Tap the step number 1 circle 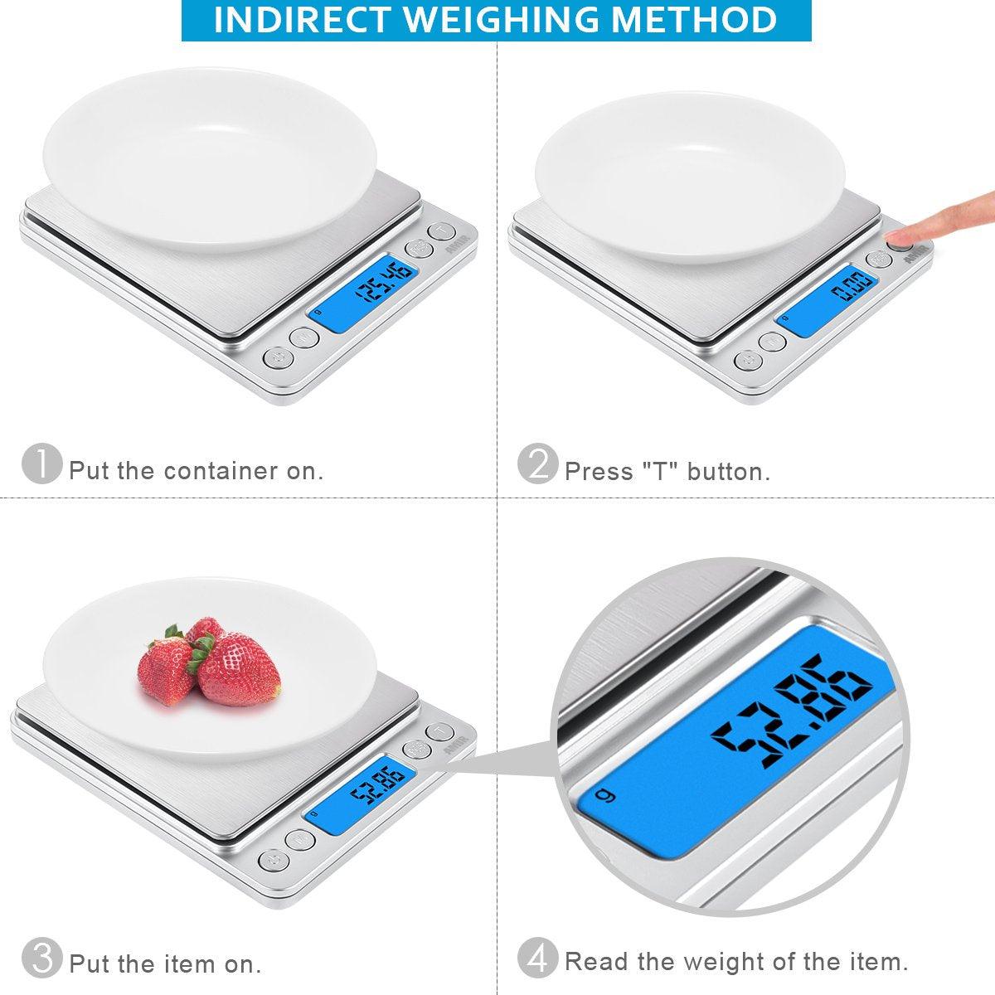click(x=41, y=464)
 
